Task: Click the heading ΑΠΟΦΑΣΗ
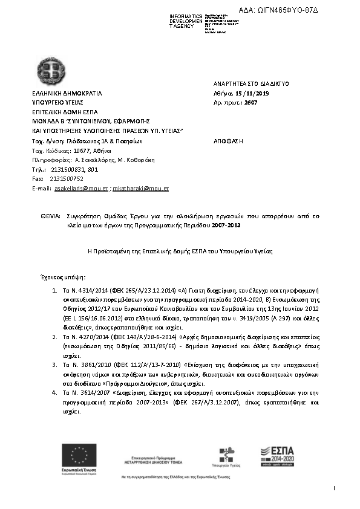pos(228,140)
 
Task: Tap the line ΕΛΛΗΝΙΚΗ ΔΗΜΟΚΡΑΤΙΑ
pos(67,94)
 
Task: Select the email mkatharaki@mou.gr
pos(141,189)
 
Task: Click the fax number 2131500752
pos(67,179)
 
